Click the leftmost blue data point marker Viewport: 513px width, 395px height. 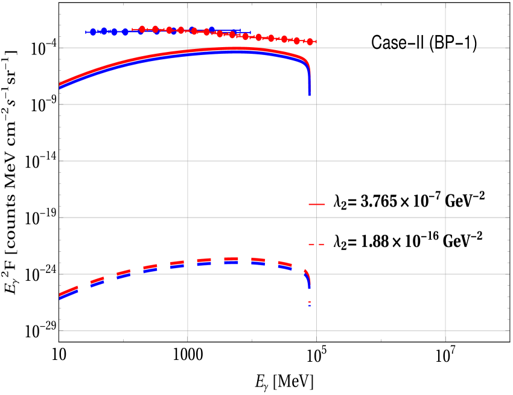[x=93, y=32]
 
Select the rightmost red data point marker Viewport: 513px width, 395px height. [x=310, y=42]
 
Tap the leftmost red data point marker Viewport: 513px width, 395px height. [x=142, y=29]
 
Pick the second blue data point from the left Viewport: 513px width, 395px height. [x=104, y=31]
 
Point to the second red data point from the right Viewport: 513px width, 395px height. [x=297, y=40]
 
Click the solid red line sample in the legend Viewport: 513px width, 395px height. [x=317, y=204]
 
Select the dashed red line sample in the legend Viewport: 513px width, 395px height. [x=317, y=244]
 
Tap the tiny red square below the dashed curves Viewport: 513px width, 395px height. [x=310, y=301]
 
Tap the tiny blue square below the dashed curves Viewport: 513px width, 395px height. [x=310, y=306]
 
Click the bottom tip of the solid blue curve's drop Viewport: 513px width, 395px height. [x=310, y=95]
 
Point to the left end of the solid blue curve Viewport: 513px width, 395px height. [x=60, y=88]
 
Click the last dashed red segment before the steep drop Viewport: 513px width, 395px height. [x=285, y=264]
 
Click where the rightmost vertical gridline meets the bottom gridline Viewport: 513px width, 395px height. [x=445, y=330]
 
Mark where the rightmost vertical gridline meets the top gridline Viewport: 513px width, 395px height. [x=445, y=48]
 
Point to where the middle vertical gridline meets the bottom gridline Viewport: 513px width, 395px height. [x=316, y=330]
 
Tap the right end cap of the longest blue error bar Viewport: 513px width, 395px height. [x=250, y=32]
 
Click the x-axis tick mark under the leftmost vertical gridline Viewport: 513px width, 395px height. [x=188, y=338]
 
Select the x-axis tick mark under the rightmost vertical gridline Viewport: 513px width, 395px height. [x=445, y=338]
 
